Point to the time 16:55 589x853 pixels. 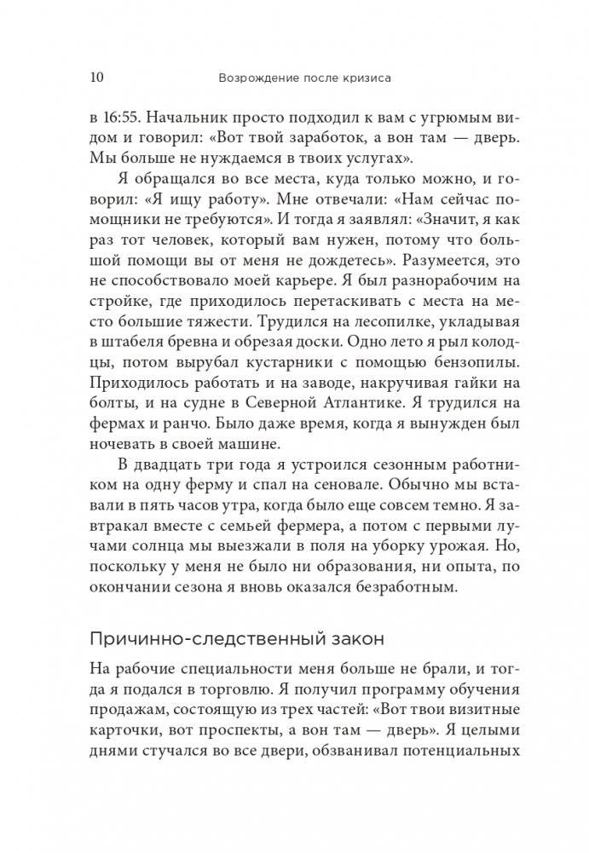click(129, 113)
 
